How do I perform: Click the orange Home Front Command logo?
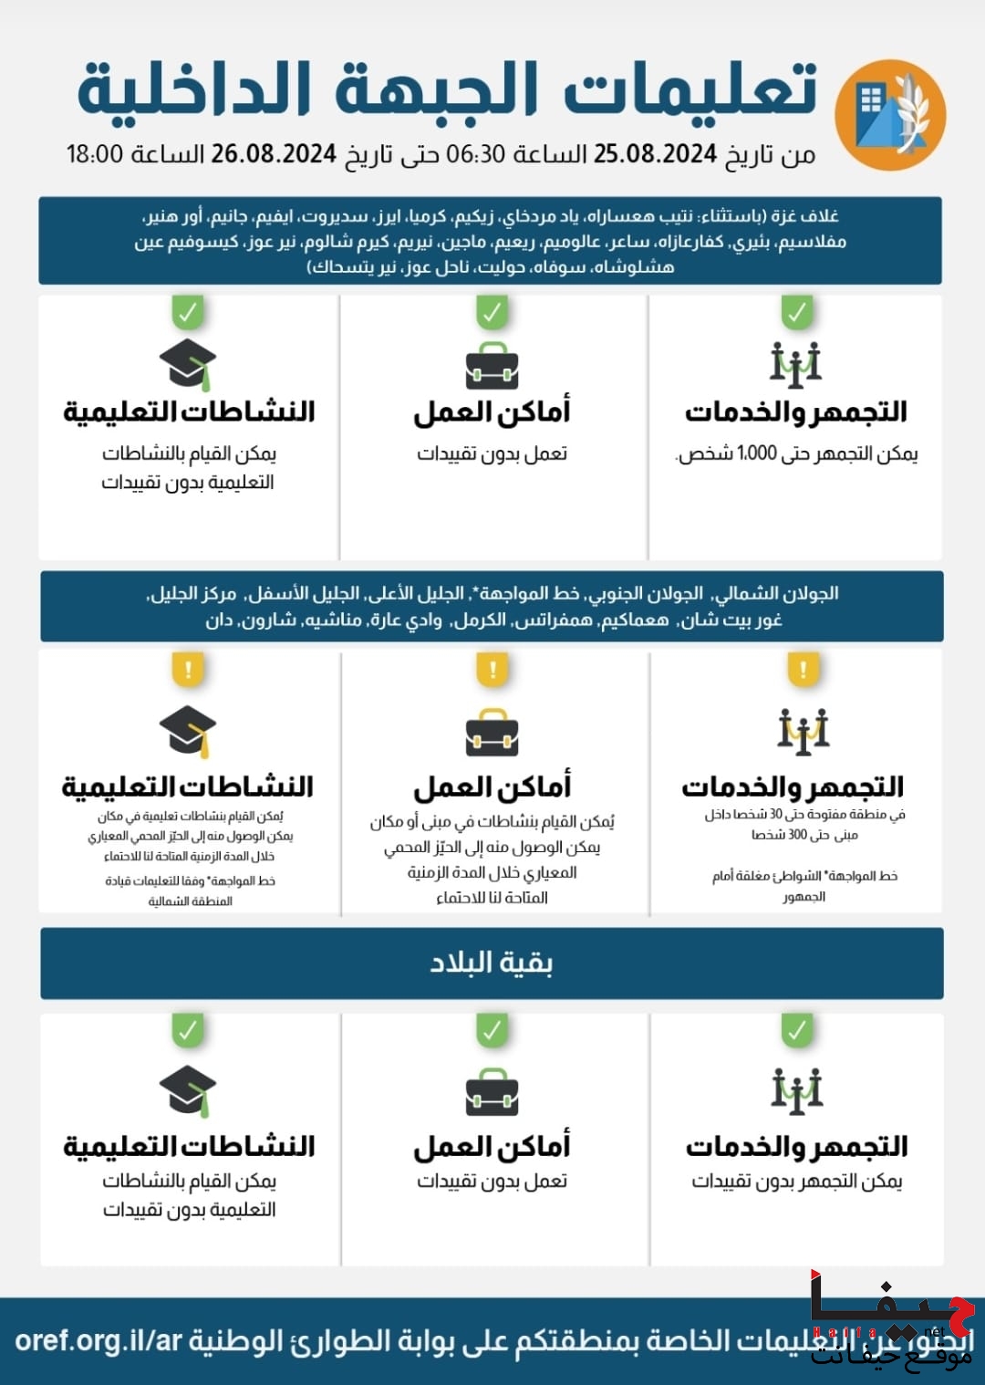pyautogui.click(x=890, y=115)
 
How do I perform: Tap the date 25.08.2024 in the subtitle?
pyautogui.click(x=655, y=154)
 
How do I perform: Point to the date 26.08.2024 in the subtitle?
pyautogui.click(x=274, y=154)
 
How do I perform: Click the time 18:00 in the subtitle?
pyautogui.click(x=94, y=154)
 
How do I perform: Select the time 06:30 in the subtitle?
pyautogui.click(x=475, y=154)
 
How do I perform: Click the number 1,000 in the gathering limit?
pyautogui.click(x=757, y=453)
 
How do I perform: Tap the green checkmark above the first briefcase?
pyautogui.click(x=492, y=313)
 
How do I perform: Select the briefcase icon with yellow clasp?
pyautogui.click(x=492, y=734)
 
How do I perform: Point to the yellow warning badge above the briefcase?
pyautogui.click(x=493, y=671)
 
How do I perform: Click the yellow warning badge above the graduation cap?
pyautogui.click(x=188, y=671)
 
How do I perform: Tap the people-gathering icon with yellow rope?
pyautogui.click(x=804, y=731)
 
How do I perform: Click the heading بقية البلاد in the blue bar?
pyautogui.click(x=492, y=963)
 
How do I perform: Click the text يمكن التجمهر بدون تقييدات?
pyautogui.click(x=796, y=1182)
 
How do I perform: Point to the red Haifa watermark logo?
pyautogui.click(x=891, y=1314)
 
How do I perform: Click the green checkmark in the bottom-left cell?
pyautogui.click(x=188, y=1031)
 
